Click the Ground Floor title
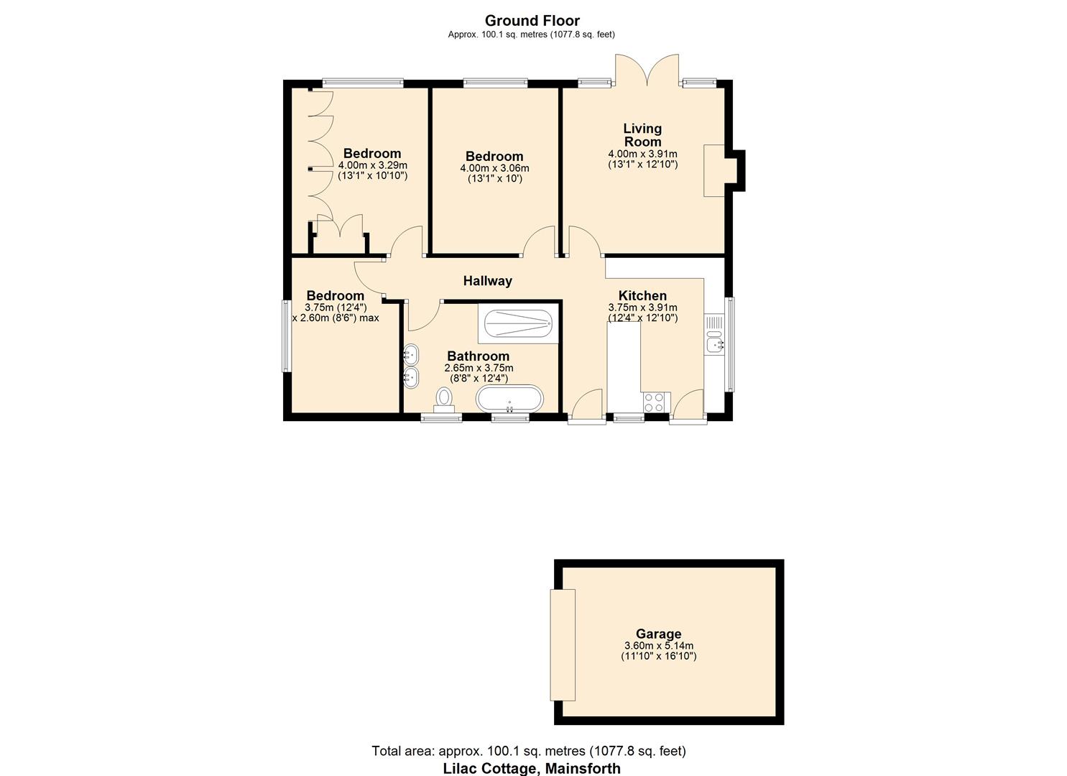coord(532,21)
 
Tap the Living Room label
coord(642,135)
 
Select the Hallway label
coord(487,281)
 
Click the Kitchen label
coord(642,295)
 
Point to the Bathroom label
coord(478,356)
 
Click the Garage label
coord(658,634)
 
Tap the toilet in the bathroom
coord(444,399)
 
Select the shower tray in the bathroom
coord(518,323)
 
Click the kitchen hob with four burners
coord(655,402)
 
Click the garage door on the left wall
coord(563,645)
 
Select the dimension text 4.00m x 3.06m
coord(494,168)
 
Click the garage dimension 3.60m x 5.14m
coord(658,645)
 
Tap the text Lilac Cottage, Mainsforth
coord(531,768)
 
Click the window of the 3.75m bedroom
coord(285,336)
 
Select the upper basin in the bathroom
coord(411,354)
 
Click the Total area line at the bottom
coord(528,751)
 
